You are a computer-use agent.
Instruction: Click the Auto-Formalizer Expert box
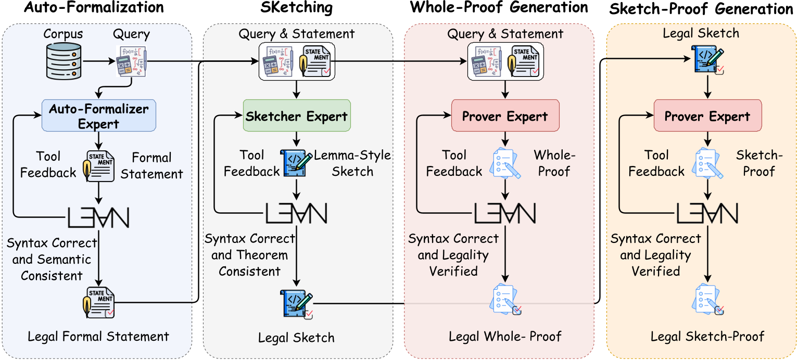click(99, 115)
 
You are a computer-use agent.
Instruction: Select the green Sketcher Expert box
click(297, 115)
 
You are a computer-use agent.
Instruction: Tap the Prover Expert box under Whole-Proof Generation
click(505, 116)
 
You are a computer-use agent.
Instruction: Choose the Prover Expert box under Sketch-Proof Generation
click(707, 116)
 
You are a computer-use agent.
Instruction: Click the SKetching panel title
click(296, 8)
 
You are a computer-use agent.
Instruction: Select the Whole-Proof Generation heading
click(499, 8)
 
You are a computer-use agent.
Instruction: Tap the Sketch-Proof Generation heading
click(702, 9)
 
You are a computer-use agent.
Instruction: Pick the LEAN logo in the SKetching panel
click(296, 213)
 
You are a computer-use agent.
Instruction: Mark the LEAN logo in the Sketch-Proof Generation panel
click(707, 213)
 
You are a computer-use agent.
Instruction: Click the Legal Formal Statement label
click(98, 336)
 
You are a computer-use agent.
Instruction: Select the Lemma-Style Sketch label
click(352, 163)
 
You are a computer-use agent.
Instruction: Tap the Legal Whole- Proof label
click(505, 336)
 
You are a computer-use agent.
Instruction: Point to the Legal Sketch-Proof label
click(707, 336)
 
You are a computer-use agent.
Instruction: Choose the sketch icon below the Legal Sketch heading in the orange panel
click(706, 59)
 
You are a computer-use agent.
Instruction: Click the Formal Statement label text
click(151, 166)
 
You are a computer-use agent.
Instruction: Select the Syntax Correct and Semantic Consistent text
click(52, 259)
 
